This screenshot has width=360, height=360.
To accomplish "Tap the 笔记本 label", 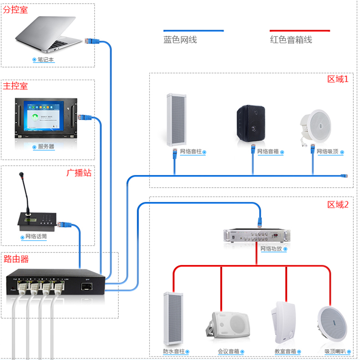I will (x=45, y=59).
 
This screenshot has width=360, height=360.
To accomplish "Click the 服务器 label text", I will (x=46, y=146).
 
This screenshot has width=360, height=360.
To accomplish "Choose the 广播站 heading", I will (x=79, y=173).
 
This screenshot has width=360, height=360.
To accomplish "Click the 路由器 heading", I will (x=16, y=259).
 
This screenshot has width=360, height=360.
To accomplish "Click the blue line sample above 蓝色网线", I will (x=193, y=31).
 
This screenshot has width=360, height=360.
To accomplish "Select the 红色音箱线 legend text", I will (x=291, y=40).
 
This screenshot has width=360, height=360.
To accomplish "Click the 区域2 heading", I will (x=338, y=205).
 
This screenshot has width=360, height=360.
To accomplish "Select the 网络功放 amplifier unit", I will (x=255, y=235).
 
